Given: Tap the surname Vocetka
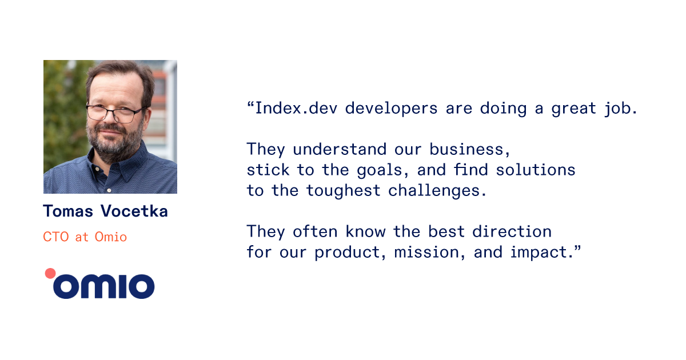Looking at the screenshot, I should point(134,211).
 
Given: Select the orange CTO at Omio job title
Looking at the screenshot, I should point(85,237).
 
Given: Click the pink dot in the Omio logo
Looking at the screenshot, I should point(50,273).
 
